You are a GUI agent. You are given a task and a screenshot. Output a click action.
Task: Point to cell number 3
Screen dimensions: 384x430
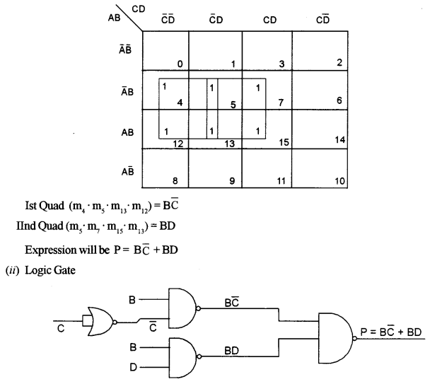tap(267, 51)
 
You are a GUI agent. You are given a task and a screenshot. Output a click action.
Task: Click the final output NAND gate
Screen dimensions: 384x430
tap(337, 338)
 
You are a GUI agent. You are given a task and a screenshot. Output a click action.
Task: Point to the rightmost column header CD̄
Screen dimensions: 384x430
tap(323, 21)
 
